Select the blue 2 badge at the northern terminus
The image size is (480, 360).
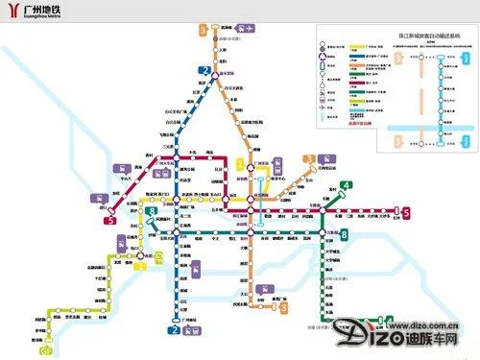[x=204, y=69]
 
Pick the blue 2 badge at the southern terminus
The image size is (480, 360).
[x=174, y=331]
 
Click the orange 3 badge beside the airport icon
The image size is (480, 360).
[x=203, y=30]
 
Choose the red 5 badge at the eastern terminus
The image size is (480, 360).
[x=407, y=212]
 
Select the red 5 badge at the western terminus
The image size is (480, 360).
[x=112, y=220]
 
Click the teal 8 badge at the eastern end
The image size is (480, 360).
[x=344, y=235]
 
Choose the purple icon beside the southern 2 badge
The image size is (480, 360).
[x=193, y=331]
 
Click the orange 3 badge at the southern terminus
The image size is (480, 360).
[x=284, y=308]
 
